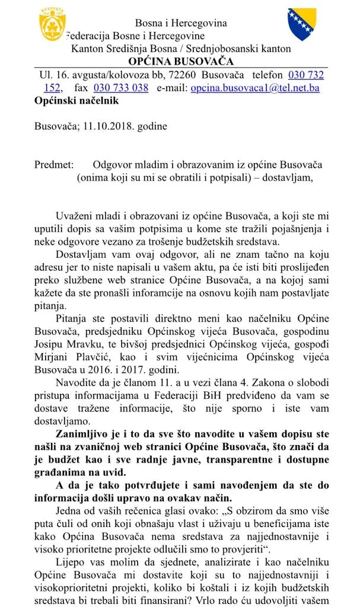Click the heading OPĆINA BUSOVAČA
(181, 62)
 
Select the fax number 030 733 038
(121, 88)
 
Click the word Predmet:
(54, 164)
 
